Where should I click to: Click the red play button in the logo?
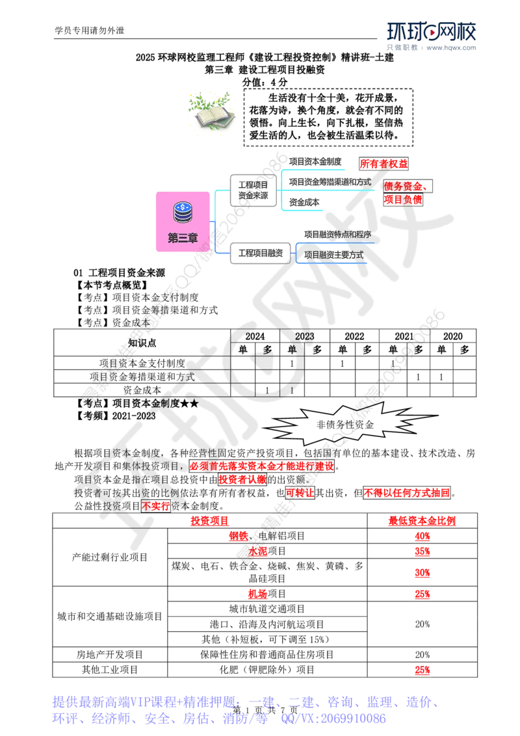click(430, 32)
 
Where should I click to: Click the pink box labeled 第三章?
click(183, 221)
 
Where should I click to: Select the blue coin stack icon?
click(183, 211)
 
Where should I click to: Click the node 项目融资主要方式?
click(333, 254)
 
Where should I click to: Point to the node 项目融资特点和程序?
click(337, 233)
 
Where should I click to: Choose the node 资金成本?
click(305, 203)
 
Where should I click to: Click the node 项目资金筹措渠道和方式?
click(330, 182)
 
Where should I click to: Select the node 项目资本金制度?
click(315, 161)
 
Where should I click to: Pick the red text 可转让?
click(300, 493)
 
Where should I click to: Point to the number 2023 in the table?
click(304, 337)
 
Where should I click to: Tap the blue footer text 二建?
click(300, 702)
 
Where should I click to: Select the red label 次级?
click(258, 552)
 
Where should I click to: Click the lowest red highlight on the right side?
click(422, 670)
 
